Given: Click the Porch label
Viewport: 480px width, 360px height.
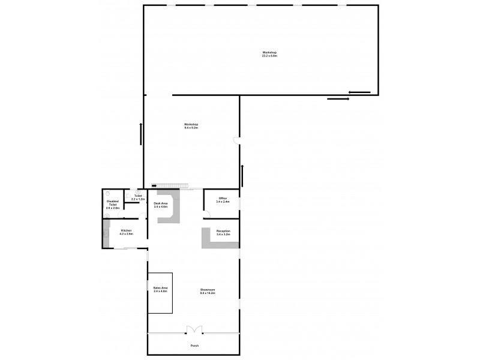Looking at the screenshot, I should click(194, 346).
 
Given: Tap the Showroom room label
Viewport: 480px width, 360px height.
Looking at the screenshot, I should click(208, 292).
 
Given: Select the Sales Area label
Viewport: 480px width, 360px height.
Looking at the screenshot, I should click(160, 290).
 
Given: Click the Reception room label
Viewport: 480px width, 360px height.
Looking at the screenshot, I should click(223, 232).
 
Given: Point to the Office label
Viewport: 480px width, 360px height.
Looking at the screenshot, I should click(223, 200).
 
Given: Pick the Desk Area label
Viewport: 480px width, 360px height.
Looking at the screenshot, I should click(160, 205).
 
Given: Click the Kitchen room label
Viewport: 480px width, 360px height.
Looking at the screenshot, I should click(126, 232).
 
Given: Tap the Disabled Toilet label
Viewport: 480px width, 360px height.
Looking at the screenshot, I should click(113, 204).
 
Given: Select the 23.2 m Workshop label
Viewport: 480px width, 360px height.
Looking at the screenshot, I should click(269, 53).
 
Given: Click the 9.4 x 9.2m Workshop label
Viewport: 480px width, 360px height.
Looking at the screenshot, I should click(191, 126).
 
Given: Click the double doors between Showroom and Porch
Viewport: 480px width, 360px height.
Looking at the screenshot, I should click(194, 329).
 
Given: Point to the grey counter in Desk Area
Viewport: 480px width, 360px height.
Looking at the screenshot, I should click(170, 210).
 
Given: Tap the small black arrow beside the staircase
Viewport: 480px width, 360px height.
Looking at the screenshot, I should click(155, 186).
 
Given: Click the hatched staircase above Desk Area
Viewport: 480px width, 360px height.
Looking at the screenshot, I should click(174, 186).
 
